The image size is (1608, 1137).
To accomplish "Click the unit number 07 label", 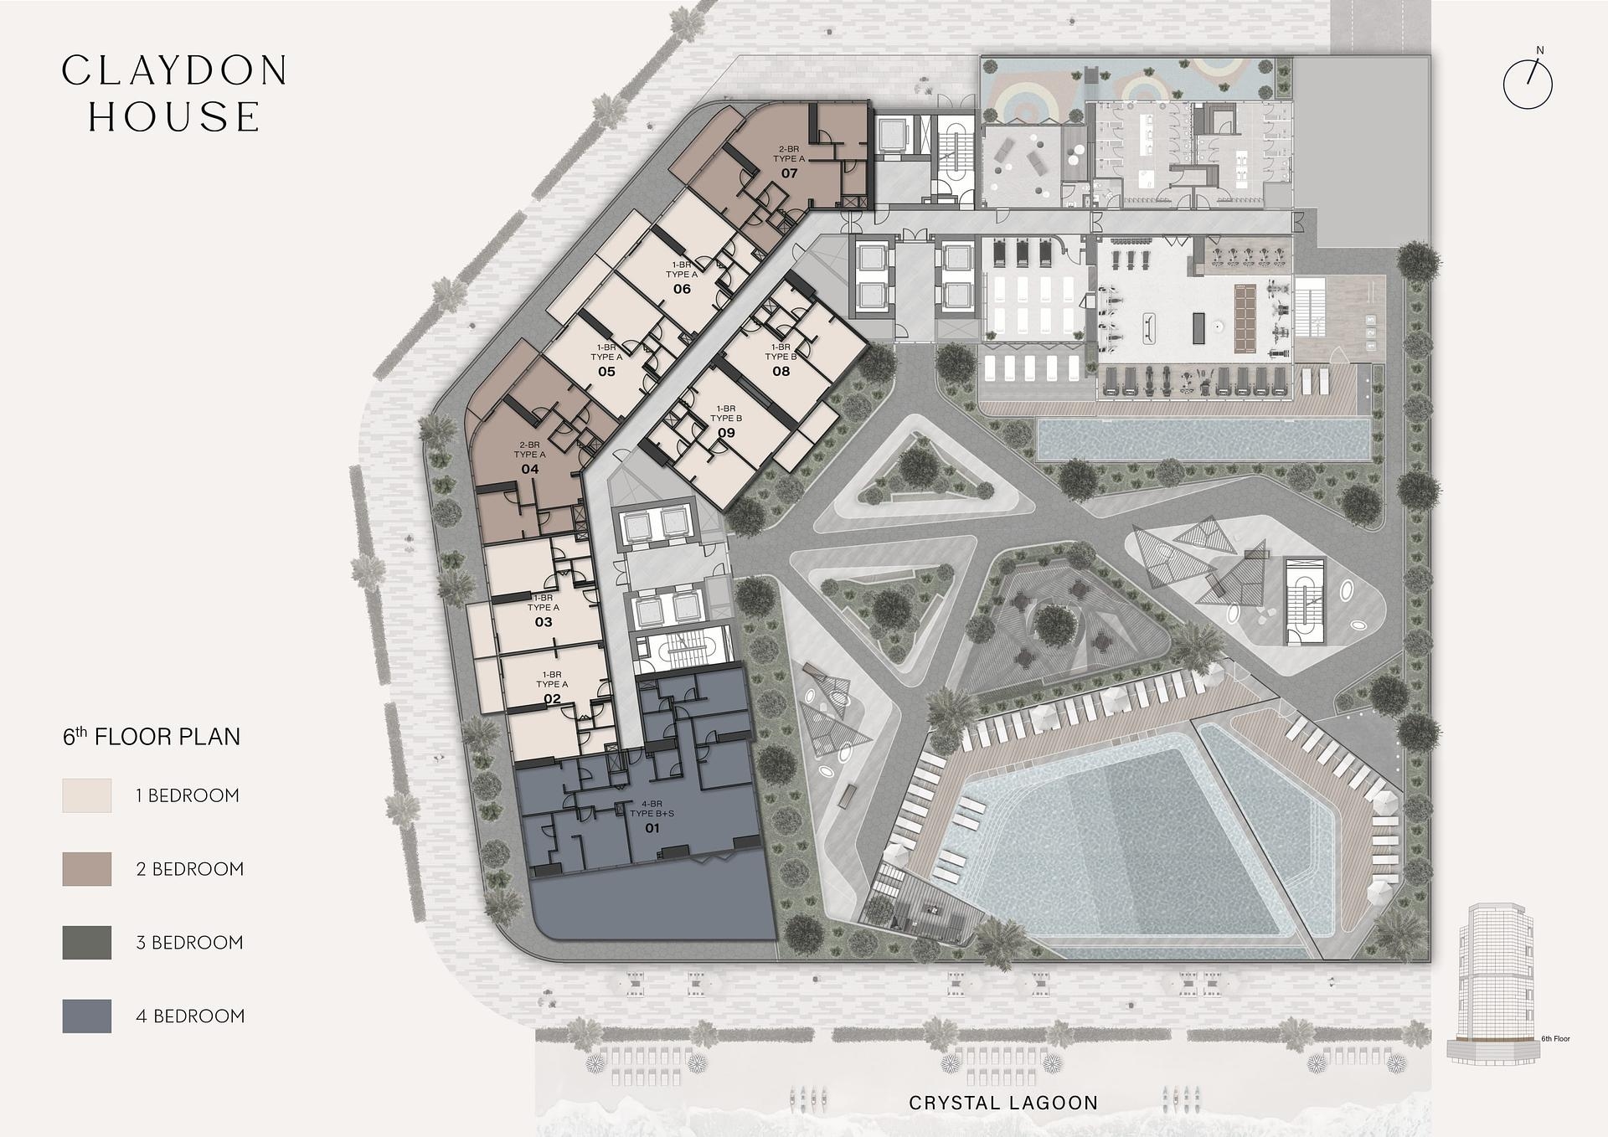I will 789,173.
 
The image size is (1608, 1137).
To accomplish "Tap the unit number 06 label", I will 682,289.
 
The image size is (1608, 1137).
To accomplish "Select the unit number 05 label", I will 606,371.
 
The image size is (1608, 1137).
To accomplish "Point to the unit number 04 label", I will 529,469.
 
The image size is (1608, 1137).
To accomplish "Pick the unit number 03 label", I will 544,622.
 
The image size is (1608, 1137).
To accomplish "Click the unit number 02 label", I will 552,699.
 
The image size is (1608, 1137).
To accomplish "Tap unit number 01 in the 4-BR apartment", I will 652,828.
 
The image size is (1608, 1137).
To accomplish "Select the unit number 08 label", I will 781,371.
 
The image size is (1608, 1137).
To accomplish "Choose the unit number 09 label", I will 726,433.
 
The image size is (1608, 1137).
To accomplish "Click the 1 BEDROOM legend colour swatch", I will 86,795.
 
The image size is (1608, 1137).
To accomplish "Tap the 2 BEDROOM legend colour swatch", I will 86,869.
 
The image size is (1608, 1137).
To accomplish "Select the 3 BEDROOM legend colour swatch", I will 86,943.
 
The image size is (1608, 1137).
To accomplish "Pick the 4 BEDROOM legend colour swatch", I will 86,1016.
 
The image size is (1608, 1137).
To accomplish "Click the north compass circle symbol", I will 1528,84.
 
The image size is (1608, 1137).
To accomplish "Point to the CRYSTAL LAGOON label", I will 1002,1104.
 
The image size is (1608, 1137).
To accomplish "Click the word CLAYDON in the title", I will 175,71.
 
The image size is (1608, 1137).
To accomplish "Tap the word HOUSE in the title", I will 174,117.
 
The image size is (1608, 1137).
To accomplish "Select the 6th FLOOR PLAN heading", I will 152,737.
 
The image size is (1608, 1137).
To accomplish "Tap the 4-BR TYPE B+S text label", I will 652,809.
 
